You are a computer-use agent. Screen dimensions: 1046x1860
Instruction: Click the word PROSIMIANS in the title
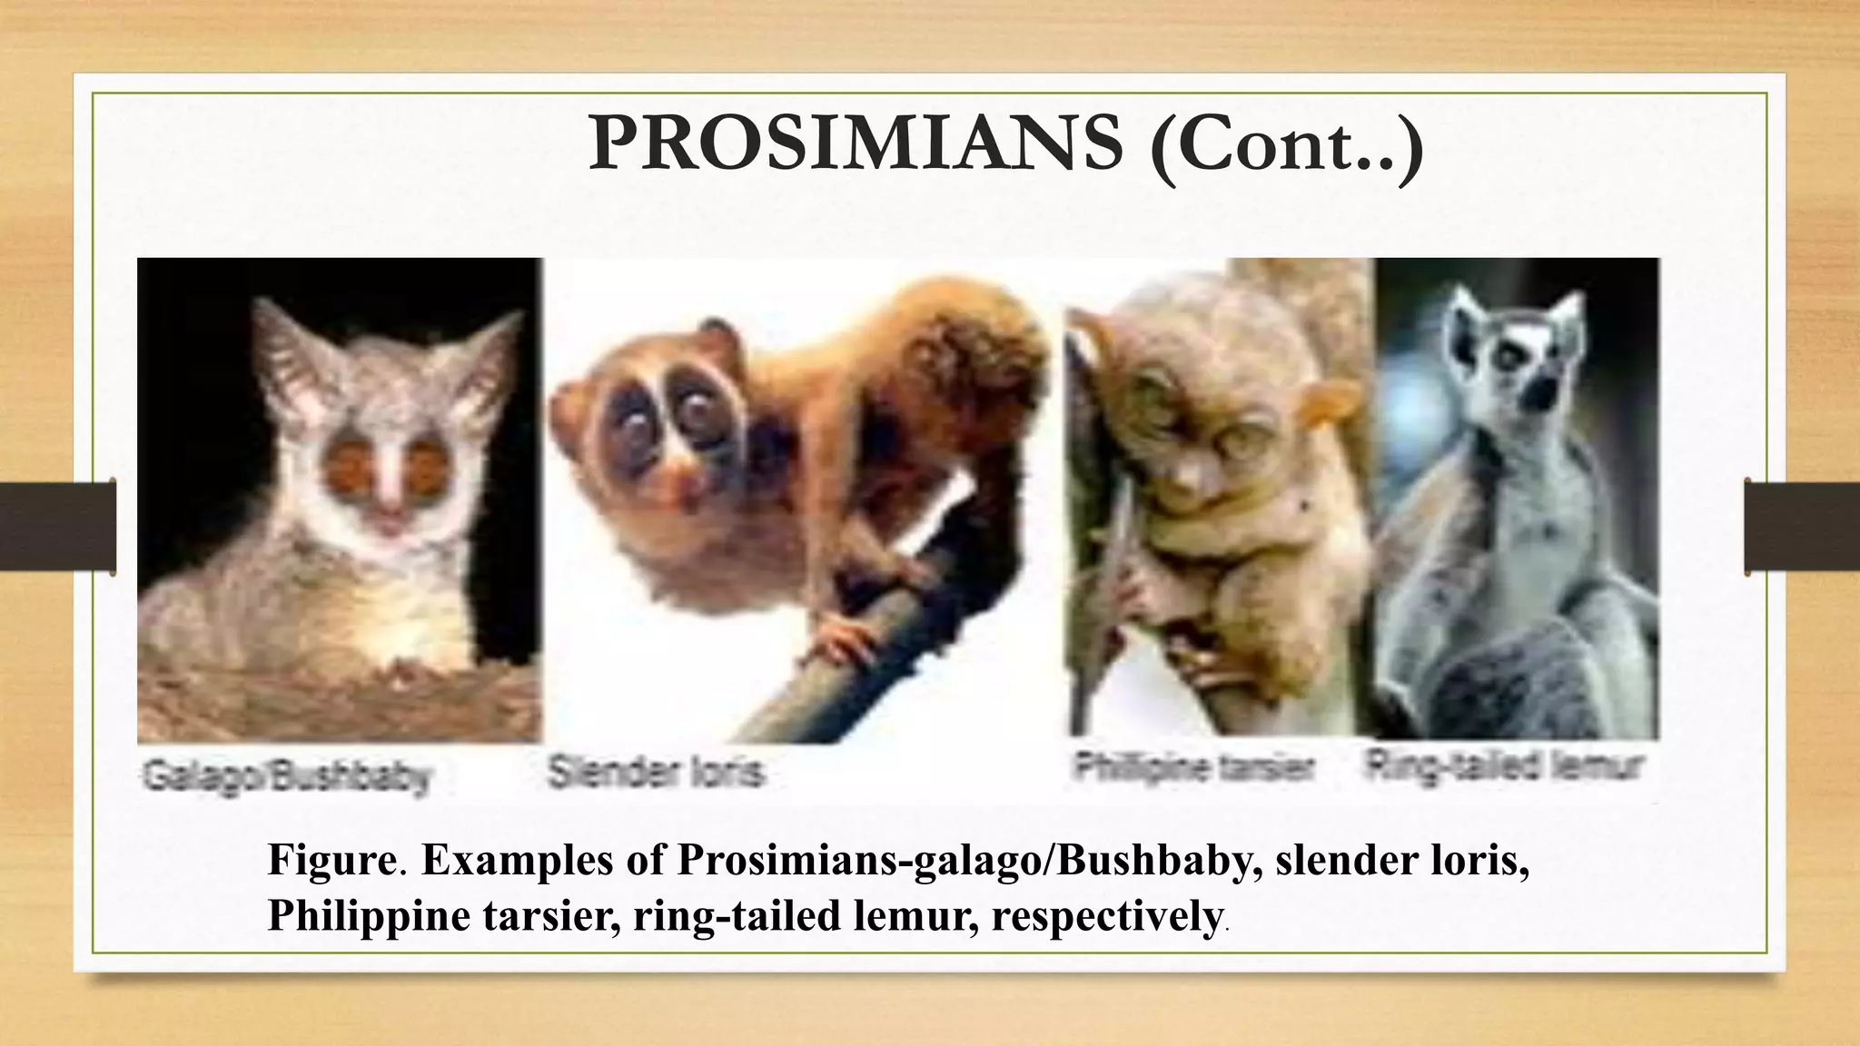(x=854, y=145)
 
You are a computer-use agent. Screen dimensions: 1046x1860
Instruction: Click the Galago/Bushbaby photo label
(x=284, y=777)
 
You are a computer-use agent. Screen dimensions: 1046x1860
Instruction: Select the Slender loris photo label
(x=656, y=773)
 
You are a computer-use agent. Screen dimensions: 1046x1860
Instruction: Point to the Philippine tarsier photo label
(x=1192, y=768)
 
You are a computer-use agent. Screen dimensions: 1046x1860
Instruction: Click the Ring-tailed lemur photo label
(x=1505, y=767)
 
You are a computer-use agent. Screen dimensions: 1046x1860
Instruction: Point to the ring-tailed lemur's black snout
(x=1539, y=390)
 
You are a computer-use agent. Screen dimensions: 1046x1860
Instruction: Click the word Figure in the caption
(x=331, y=860)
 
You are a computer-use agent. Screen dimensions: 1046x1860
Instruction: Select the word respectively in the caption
(x=1105, y=916)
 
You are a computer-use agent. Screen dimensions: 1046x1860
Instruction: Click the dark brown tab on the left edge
(x=57, y=527)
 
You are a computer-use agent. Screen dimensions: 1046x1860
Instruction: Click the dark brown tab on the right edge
(x=1802, y=527)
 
